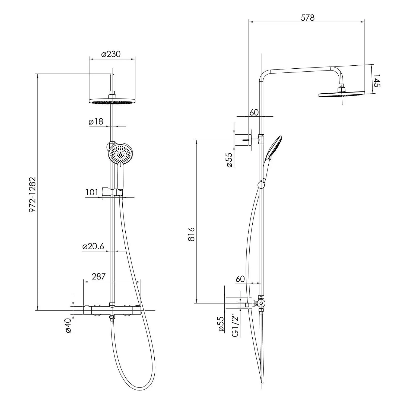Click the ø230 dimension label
(x=111, y=54)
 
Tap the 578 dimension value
(x=308, y=18)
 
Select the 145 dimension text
(x=377, y=81)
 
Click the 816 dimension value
(x=191, y=234)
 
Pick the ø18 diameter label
(x=96, y=121)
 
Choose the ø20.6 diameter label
(x=93, y=246)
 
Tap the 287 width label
(x=98, y=276)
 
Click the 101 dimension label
(x=92, y=192)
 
